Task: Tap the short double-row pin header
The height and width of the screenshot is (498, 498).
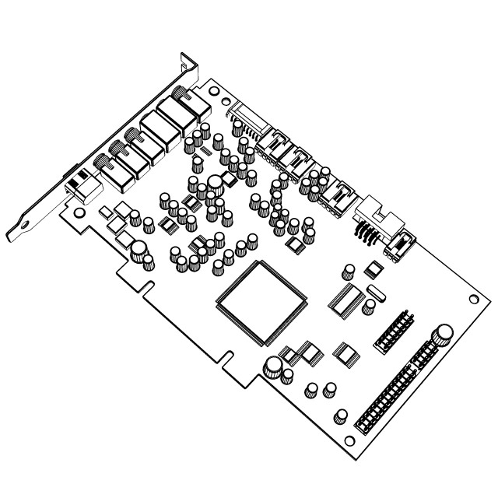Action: [x=397, y=331]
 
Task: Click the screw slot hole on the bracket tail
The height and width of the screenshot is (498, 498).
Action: [x=24, y=226]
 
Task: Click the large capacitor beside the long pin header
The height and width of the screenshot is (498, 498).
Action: [x=444, y=335]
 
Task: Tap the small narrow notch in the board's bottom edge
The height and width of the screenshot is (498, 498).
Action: [x=225, y=359]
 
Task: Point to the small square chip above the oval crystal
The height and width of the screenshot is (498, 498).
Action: [x=374, y=269]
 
